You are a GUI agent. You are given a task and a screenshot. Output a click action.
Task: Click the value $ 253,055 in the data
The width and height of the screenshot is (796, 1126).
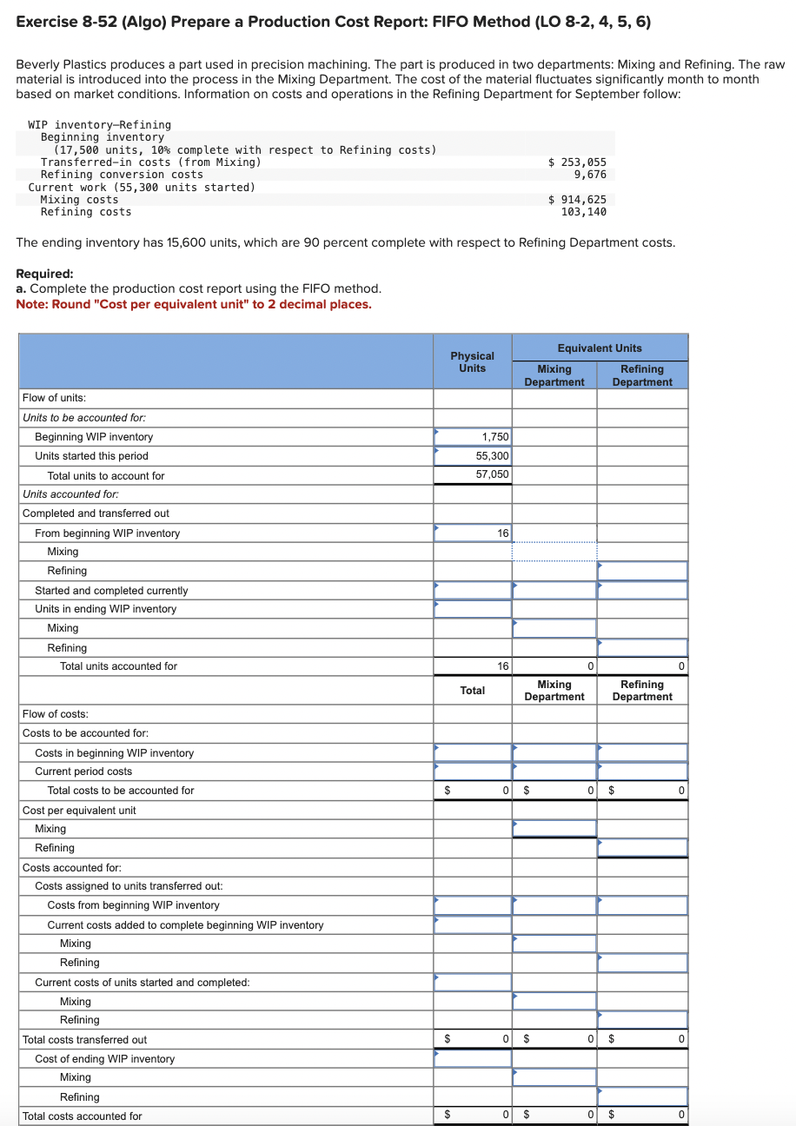tap(578, 162)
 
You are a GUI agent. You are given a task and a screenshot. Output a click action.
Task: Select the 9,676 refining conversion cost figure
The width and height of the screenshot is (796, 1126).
tap(590, 175)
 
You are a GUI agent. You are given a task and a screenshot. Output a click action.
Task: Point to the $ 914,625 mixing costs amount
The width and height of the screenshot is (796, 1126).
tap(578, 200)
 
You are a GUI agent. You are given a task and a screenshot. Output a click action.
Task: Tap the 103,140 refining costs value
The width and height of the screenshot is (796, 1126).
tap(584, 212)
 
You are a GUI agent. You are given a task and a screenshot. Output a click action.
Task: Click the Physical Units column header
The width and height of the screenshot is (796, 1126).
tap(472, 361)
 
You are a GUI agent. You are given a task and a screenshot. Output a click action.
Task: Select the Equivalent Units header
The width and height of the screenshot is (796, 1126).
tap(600, 348)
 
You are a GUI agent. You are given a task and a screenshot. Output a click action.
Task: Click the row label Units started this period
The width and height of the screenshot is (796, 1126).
tap(91, 456)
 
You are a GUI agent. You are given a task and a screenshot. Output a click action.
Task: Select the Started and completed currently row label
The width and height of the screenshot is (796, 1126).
tap(111, 591)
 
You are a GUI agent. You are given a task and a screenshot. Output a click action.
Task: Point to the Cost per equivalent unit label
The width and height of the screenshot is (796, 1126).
tap(79, 811)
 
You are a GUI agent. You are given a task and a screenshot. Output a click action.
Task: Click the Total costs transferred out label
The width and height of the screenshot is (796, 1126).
tap(84, 1040)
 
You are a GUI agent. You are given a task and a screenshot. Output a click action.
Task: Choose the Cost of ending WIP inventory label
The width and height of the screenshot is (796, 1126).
tap(104, 1059)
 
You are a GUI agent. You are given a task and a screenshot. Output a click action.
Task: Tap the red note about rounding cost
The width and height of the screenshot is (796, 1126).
tap(194, 304)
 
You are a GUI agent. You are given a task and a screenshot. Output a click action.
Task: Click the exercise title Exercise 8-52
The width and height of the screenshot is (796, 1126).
tap(333, 21)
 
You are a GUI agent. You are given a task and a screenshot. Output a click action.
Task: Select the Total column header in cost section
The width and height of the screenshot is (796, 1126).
tap(472, 691)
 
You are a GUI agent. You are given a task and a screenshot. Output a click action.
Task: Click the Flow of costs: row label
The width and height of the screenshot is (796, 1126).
tap(55, 714)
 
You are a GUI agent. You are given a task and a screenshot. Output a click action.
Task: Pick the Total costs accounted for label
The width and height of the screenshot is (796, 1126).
tap(82, 1116)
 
